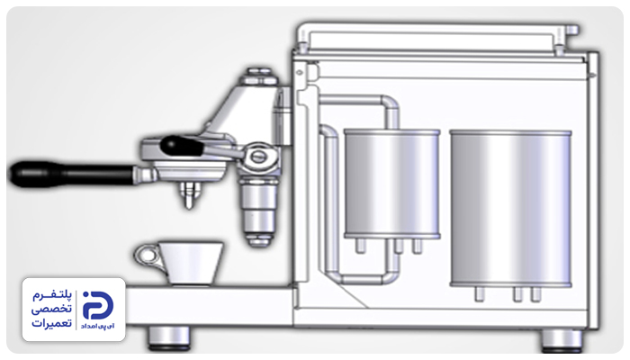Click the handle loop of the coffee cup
pos(147,256)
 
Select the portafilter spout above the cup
pos(188,195)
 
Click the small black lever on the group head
pos(182,146)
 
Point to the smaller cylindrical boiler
pos(391,184)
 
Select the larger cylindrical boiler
pos(510,208)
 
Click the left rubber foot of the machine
pos(169,337)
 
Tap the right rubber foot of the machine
pos(562,340)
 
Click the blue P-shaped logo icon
pos(97,305)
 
